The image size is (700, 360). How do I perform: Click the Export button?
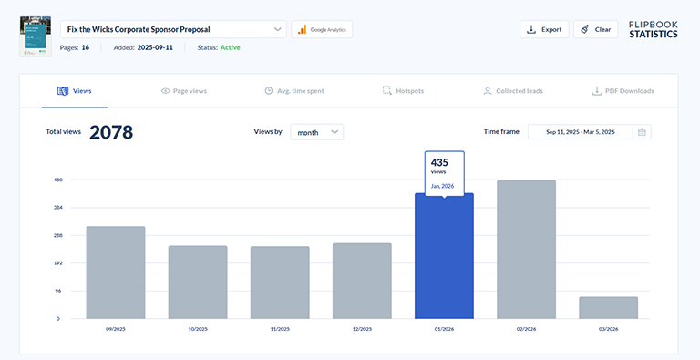544,29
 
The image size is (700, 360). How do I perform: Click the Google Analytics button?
322,29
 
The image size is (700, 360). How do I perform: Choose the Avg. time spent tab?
293,91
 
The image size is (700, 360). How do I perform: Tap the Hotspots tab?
403,91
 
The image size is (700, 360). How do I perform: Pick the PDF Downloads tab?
623,91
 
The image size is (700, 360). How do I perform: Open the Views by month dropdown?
316,132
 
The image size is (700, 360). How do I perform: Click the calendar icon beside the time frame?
643,132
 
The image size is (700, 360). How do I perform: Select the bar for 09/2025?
116,273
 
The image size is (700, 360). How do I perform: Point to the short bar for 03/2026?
608,307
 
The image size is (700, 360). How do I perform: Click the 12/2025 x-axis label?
362,328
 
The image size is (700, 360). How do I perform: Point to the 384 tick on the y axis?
58,208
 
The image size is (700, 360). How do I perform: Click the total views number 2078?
111,132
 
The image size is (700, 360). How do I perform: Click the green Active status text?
231,46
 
